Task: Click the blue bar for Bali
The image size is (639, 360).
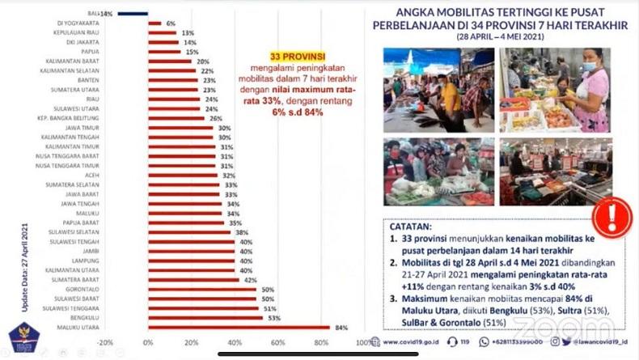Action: pos(132,14)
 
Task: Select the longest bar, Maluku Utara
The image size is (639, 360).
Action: pos(239,327)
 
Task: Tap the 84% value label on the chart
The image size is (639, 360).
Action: pos(342,327)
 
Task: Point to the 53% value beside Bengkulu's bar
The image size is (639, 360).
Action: pos(275,317)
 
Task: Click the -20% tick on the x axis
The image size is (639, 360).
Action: pos(104,343)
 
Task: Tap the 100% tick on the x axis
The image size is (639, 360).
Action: pos(363,343)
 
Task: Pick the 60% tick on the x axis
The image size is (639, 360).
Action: pos(277,343)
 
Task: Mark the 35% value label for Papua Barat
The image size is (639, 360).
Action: pos(235,222)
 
